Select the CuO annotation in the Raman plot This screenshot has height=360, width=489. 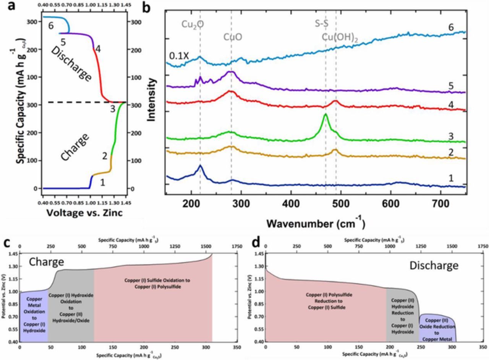233,37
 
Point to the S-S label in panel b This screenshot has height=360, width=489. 322,24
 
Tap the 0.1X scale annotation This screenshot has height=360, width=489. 179,56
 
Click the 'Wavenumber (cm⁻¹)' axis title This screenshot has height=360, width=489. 316,223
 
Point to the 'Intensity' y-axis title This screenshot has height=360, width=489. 152,100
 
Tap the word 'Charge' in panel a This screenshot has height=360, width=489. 75,147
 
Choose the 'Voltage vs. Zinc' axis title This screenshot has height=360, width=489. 84,213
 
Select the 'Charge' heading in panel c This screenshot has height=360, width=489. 46,262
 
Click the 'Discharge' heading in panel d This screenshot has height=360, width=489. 434,265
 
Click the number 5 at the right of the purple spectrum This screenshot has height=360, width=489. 451,86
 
